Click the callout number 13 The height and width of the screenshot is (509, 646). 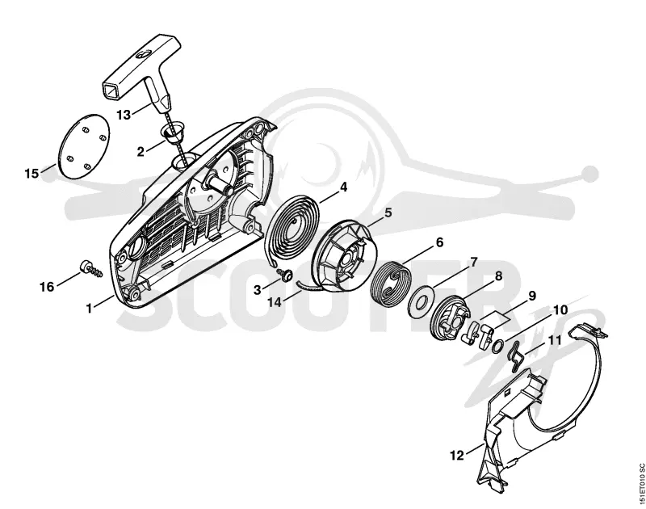[x=124, y=115]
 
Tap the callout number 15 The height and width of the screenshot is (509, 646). [x=31, y=174]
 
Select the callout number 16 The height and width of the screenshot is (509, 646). [x=47, y=287]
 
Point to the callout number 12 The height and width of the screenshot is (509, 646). [x=457, y=456]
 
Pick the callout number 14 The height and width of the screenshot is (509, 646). [x=275, y=302]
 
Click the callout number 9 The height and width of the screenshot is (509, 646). [x=532, y=296]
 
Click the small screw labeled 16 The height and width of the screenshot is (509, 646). [x=90, y=269]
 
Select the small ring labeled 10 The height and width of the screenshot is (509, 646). [x=497, y=347]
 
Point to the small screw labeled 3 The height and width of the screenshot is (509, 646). [x=284, y=273]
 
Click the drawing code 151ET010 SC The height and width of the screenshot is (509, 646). [x=640, y=486]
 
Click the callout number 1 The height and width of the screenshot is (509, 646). [x=89, y=308]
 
